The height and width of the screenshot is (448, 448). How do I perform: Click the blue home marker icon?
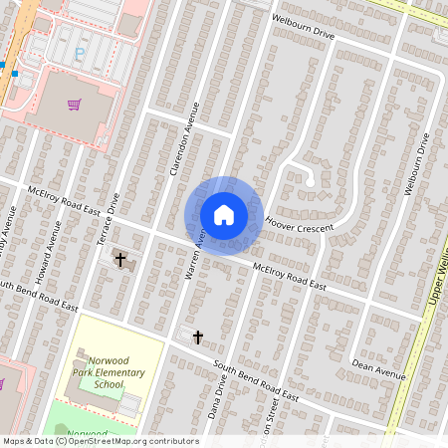tap(224, 215)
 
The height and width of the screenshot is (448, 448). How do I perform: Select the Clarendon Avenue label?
tap(186, 138)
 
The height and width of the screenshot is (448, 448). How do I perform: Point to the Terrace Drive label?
tap(112, 207)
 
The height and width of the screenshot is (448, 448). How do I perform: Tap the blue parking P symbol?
tap(79, 55)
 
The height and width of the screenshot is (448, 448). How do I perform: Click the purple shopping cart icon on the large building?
tap(74, 104)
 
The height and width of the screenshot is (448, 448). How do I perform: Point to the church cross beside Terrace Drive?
tap(121, 260)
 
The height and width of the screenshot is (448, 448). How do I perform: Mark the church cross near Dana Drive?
tap(197, 336)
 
